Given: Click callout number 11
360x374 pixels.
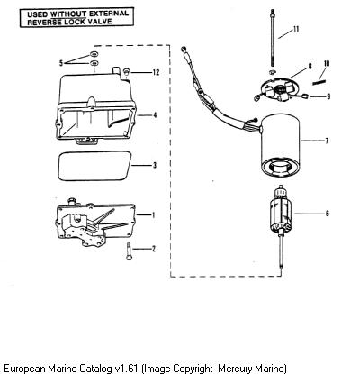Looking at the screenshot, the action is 296,29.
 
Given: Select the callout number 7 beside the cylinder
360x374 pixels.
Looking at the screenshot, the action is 327,141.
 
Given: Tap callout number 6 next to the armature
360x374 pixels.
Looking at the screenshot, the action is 327,214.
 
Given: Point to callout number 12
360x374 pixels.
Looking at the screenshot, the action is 156,72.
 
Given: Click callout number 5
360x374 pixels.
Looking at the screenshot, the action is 61,63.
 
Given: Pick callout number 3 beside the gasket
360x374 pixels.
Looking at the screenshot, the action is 155,165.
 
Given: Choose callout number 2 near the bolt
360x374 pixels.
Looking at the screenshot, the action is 154,249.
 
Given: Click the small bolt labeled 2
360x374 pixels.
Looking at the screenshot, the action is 130,251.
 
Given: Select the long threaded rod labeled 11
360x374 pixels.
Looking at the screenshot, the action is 273,38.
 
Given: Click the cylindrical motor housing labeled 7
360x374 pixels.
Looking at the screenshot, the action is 281,147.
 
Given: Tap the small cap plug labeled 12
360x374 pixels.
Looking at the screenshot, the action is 126,71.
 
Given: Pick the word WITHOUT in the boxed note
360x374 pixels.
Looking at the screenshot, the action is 68,14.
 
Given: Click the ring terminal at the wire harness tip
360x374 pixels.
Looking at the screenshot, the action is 183,49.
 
